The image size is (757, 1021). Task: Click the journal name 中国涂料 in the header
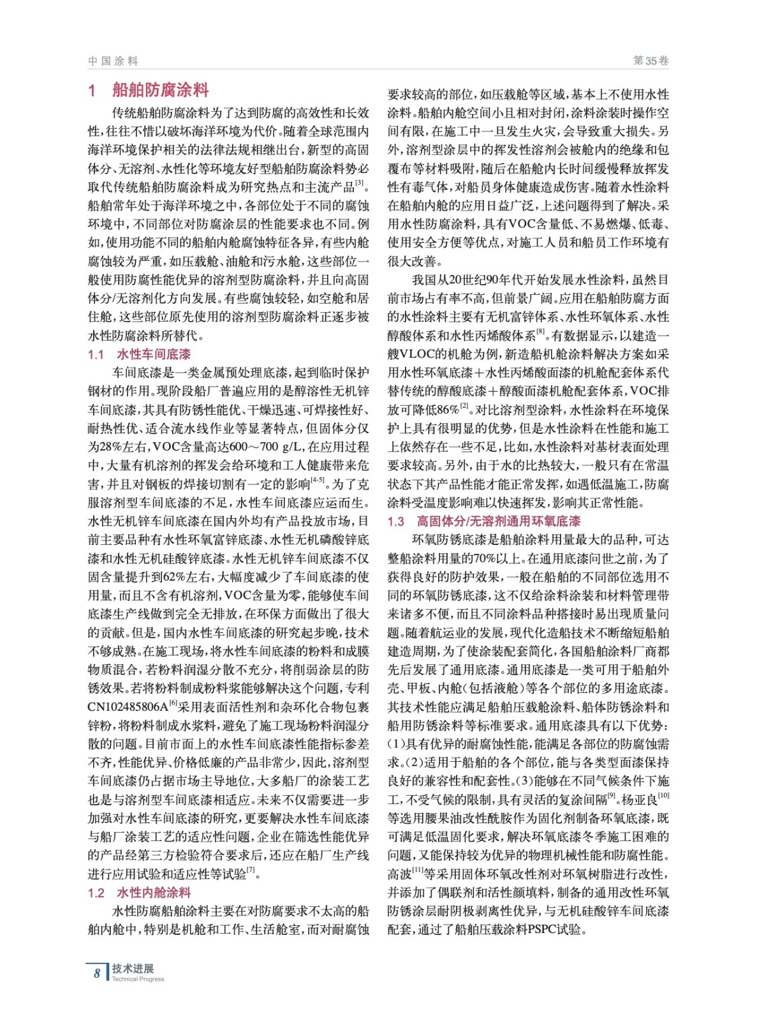pyautogui.click(x=113, y=61)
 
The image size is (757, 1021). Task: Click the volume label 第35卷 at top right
pyautogui.click(x=650, y=61)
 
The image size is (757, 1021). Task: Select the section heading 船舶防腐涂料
pyautogui.click(x=160, y=90)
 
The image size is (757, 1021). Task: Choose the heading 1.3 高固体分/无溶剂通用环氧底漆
pyautogui.click(x=484, y=521)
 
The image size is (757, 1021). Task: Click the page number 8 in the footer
pyautogui.click(x=97, y=973)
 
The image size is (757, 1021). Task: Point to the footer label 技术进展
pyautogui.click(x=133, y=968)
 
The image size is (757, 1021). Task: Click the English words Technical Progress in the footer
pyautogui.click(x=138, y=979)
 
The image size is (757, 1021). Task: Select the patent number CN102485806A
pyautogui.click(x=128, y=707)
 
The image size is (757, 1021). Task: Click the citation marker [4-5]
pyautogui.click(x=317, y=481)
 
